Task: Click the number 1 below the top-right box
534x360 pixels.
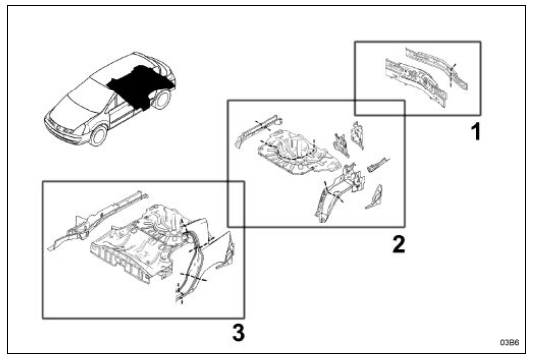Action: (476, 132)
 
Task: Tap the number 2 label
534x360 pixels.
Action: (399, 244)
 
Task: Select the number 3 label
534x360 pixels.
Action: (238, 332)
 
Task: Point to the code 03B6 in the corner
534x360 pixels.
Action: (509, 342)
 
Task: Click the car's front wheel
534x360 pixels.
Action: (99, 135)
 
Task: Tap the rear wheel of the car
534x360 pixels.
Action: (162, 99)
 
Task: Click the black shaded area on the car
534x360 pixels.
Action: (139, 86)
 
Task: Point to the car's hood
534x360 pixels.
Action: (68, 110)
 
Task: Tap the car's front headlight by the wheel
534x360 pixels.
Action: (85, 129)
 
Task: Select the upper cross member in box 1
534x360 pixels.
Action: (436, 67)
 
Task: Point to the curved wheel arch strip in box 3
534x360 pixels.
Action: (191, 263)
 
